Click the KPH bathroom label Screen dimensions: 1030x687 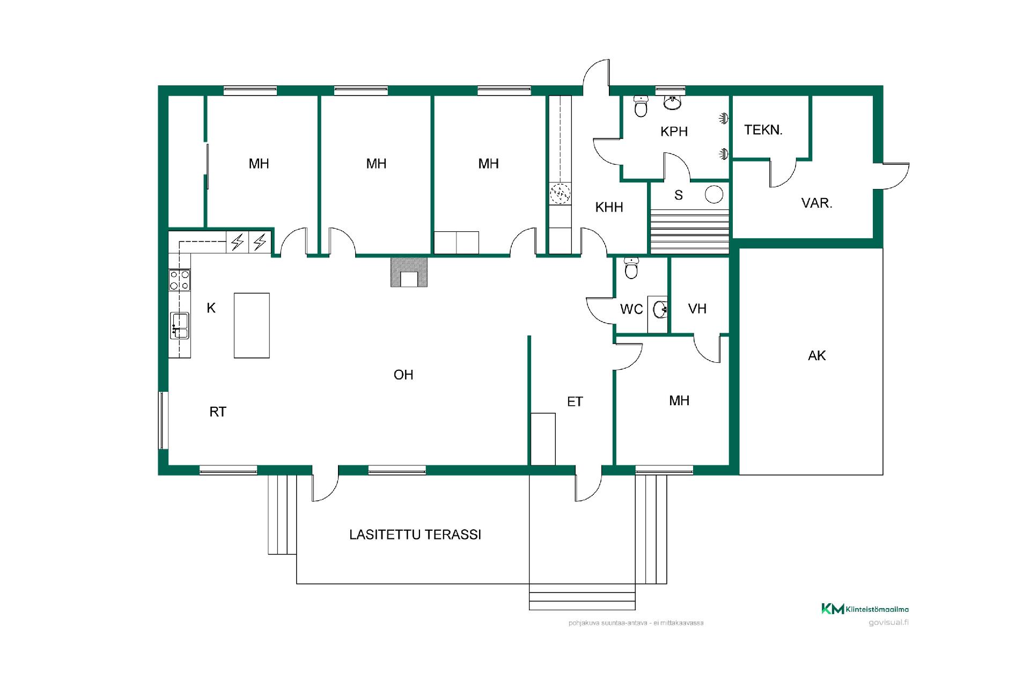point(674,131)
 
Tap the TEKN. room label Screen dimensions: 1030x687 point(763,130)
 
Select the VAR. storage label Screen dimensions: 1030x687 point(816,203)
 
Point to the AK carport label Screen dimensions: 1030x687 point(816,355)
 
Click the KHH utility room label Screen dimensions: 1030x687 point(609,207)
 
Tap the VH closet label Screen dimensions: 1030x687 point(697,309)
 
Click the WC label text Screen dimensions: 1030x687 point(631,309)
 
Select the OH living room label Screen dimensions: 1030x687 point(403,375)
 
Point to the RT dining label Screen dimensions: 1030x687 point(218,412)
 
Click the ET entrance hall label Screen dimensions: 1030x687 point(575,401)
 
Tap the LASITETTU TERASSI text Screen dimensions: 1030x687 point(415,535)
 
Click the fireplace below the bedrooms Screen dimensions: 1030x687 point(409,273)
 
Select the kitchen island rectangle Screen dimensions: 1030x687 point(252,325)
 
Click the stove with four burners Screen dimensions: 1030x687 point(180,280)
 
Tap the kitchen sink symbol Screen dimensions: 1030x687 point(180,325)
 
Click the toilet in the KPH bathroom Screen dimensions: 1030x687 point(641,107)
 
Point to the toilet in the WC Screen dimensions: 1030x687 point(631,268)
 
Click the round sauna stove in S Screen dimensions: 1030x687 point(714,194)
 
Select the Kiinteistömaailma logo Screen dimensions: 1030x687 point(865,609)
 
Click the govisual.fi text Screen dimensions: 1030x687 point(888,623)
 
